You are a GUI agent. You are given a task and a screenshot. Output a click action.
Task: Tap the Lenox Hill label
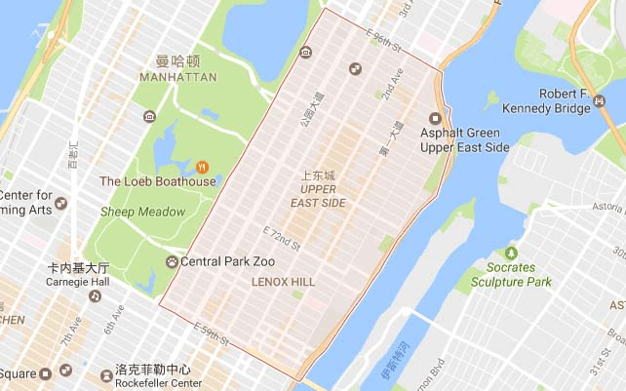pos(283,281)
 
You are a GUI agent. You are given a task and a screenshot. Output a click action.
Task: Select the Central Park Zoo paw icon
pos(172,261)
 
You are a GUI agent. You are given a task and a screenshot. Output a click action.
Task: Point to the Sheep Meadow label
pos(142,212)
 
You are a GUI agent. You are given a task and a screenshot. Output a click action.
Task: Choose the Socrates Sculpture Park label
pos(511,275)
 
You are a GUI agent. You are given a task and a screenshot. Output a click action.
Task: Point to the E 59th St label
pos(212,333)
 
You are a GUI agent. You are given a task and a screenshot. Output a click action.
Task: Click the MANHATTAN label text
pos(178,76)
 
